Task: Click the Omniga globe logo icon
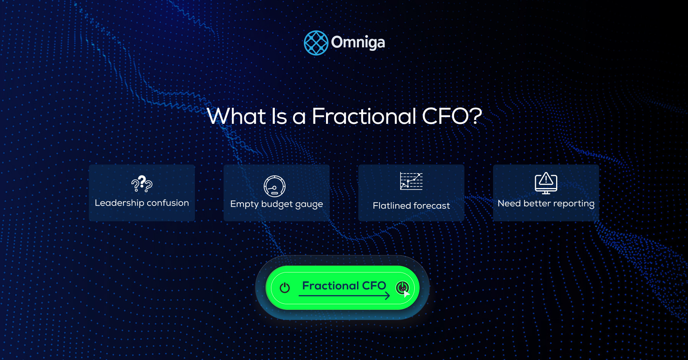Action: [316, 43]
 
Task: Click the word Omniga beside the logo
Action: [358, 42]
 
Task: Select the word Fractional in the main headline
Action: [364, 116]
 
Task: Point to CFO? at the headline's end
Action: [452, 116]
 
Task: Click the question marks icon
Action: [142, 184]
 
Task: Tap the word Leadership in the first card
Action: [119, 203]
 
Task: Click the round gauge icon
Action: [274, 186]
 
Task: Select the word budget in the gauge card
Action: [277, 204]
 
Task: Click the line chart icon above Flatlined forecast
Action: [411, 181]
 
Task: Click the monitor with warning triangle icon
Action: [546, 183]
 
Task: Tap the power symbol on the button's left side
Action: [285, 287]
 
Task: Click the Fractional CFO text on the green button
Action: [344, 285]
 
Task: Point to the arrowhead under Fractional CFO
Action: [387, 295]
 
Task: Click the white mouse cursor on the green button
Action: [406, 294]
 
